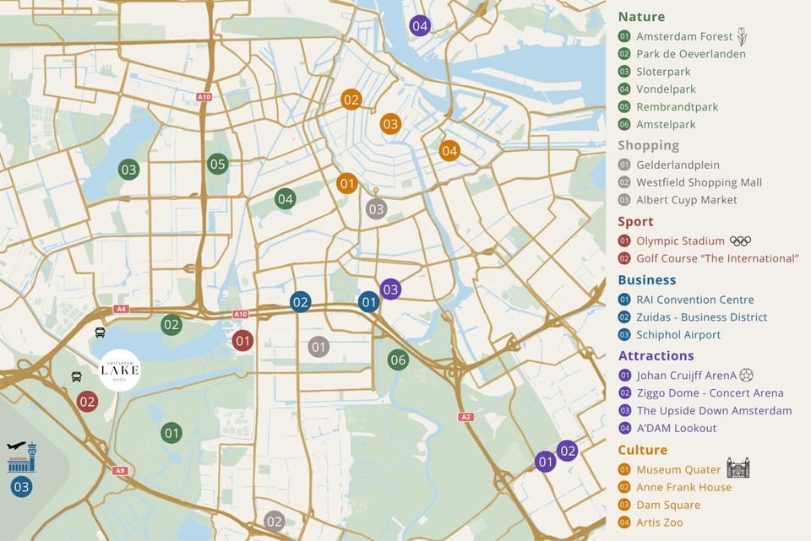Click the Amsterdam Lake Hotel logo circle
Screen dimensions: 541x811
tap(119, 371)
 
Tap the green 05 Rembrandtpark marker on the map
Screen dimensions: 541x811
tap(218, 164)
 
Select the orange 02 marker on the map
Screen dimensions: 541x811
tap(351, 100)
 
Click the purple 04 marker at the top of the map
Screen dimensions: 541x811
tap(420, 25)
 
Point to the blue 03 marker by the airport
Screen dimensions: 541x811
tap(21, 486)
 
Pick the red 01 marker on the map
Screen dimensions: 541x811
tap(242, 340)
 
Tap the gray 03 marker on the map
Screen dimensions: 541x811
tap(376, 208)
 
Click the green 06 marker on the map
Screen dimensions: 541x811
tap(398, 360)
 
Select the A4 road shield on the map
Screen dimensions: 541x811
tap(121, 309)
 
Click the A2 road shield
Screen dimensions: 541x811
tap(465, 417)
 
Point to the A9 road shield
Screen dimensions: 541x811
tap(120, 471)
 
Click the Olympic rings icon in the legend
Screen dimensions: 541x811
tap(740, 241)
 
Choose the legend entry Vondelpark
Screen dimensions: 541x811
tap(666, 89)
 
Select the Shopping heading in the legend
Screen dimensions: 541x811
tap(648, 145)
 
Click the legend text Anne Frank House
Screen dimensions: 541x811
tap(683, 487)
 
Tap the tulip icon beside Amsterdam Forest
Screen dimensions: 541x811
tap(742, 36)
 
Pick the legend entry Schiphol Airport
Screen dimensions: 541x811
tap(678, 335)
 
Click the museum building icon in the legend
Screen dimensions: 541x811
tap(738, 468)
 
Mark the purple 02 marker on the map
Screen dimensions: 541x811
tap(567, 450)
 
